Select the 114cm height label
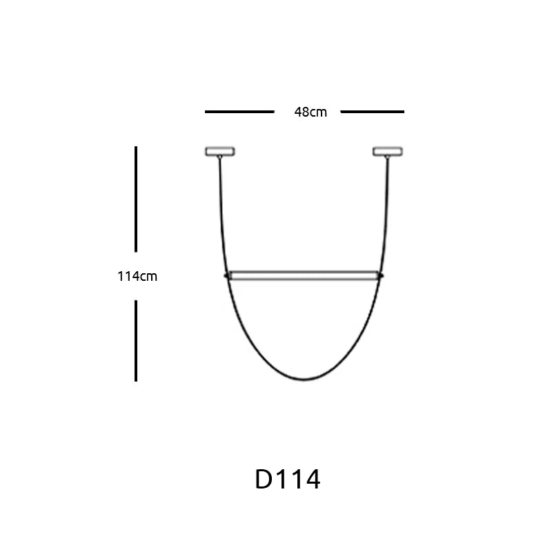click(137, 277)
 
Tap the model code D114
click(288, 480)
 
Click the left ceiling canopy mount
click(220, 151)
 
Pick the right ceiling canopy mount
click(388, 151)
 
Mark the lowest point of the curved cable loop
click(304, 379)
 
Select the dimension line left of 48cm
click(239, 111)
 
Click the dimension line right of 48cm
click(373, 111)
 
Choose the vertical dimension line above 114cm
click(136, 199)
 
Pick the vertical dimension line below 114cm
click(136, 340)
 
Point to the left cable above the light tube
click(222, 214)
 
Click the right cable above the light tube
click(386, 214)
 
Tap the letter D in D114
click(264, 480)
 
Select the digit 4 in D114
click(313, 480)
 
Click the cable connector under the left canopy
click(220, 158)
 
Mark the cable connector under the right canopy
click(388, 158)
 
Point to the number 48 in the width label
click(302, 112)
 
